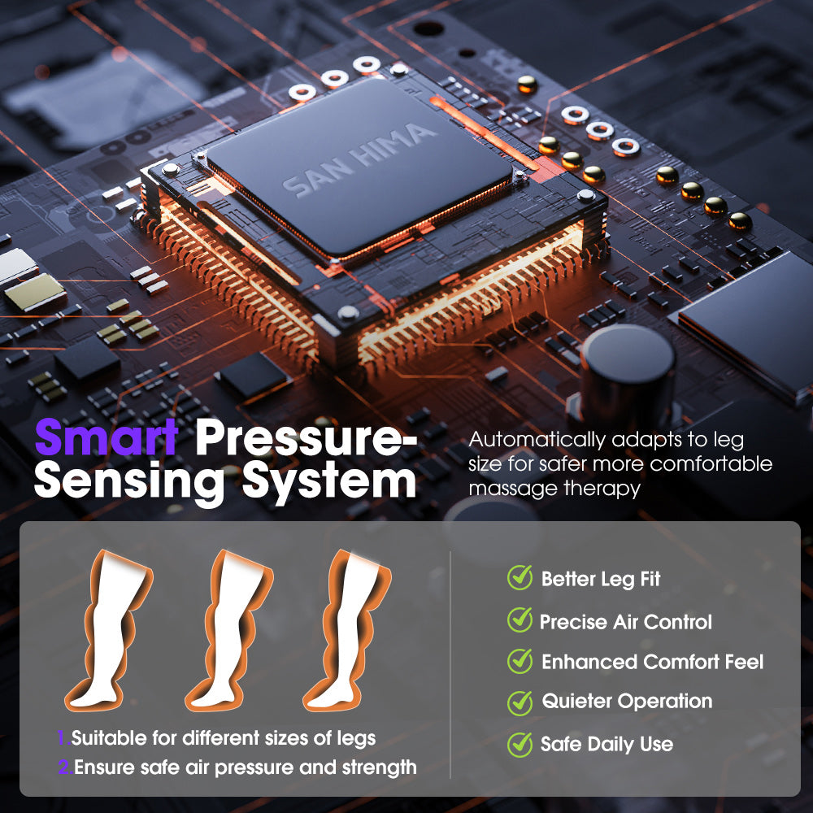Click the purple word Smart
point(107,437)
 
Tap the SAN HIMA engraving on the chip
point(359,159)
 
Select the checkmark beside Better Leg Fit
point(520,577)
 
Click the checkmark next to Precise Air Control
point(520,620)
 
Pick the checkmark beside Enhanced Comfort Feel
point(520,661)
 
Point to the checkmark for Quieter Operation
point(520,702)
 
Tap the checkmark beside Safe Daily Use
point(520,745)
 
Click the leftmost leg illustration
point(109,630)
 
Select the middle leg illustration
point(230,630)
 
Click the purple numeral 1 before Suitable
point(62,737)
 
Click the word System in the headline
point(328,481)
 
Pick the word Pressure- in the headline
point(306,438)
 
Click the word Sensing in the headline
point(129,481)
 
